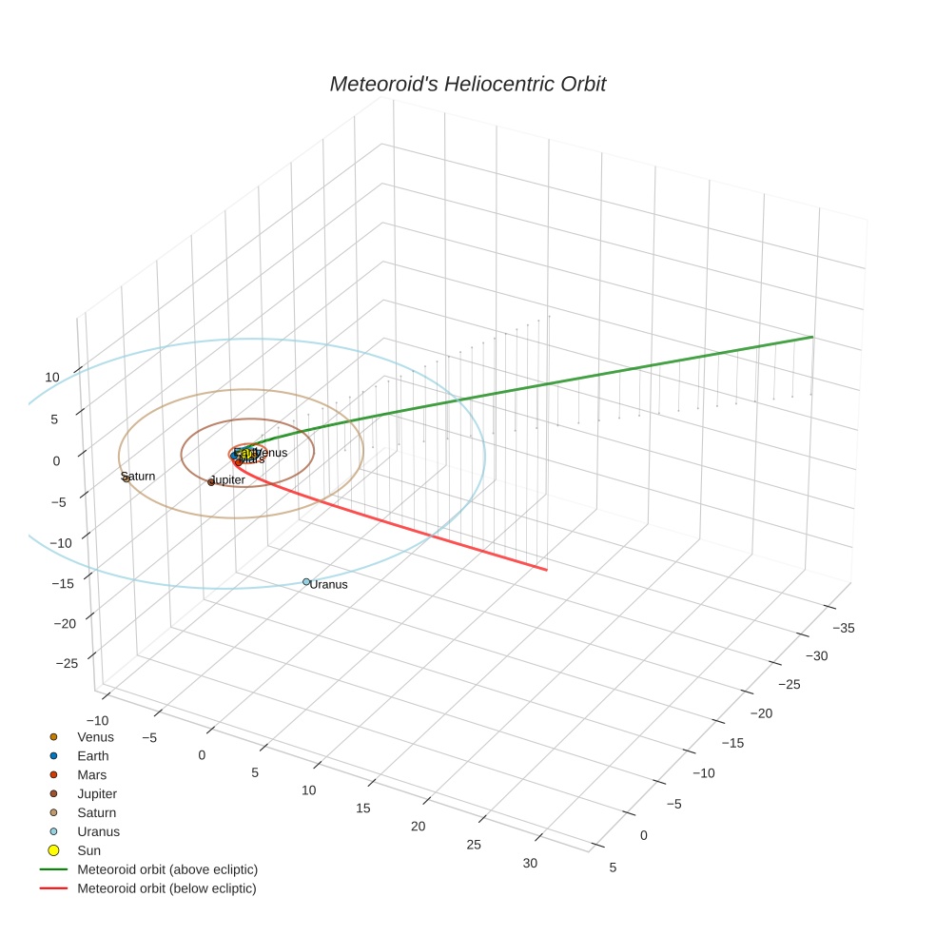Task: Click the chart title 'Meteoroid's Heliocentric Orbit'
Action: point(467,85)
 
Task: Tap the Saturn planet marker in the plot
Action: point(126,478)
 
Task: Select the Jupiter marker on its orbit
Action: point(211,482)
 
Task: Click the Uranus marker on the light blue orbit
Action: point(306,581)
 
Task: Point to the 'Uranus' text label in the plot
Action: point(329,585)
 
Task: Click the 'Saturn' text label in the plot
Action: point(139,476)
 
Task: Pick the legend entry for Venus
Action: point(95,737)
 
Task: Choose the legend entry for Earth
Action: point(93,756)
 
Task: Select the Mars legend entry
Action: point(91,775)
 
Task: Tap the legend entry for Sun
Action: point(89,850)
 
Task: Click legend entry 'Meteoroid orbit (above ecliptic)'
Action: point(167,869)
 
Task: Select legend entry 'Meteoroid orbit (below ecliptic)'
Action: point(167,888)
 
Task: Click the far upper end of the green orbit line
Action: point(811,337)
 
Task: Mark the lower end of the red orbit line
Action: point(546,570)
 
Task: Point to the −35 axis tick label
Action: point(843,628)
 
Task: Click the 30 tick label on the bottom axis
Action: point(530,864)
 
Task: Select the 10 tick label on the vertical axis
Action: point(52,378)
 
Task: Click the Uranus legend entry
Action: point(99,831)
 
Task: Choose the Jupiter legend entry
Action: point(97,793)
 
